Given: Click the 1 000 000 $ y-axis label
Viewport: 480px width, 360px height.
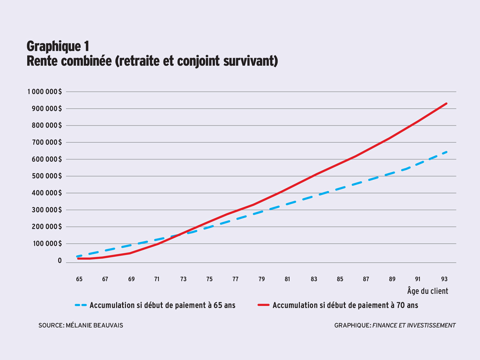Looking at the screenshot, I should pyautogui.click(x=44, y=91).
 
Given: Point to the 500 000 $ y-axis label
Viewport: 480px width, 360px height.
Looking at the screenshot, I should pyautogui.click(x=46, y=176).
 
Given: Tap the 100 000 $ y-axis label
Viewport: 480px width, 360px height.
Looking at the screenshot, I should pyautogui.click(x=46, y=244).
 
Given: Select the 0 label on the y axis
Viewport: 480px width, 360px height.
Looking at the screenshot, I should pyautogui.click(x=60, y=261).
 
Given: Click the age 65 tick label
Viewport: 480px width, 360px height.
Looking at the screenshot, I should pyautogui.click(x=79, y=279).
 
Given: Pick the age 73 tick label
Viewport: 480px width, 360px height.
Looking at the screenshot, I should pyautogui.click(x=183, y=279).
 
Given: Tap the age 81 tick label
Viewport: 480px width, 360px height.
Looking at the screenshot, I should pyautogui.click(x=287, y=279).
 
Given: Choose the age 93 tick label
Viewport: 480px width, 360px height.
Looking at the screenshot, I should pyautogui.click(x=444, y=279).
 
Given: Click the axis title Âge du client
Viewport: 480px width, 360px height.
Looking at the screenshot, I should pyautogui.click(x=427, y=291).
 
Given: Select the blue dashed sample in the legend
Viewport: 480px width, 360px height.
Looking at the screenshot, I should pyautogui.click(x=81, y=305).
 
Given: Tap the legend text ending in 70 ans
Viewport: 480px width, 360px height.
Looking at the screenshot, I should pyautogui.click(x=345, y=305).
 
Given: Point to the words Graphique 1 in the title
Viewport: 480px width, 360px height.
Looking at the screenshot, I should pyautogui.click(x=58, y=46).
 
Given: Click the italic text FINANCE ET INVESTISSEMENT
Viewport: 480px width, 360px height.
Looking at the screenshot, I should pyautogui.click(x=414, y=325).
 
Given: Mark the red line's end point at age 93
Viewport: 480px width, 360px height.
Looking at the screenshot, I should pyautogui.click(x=447, y=103).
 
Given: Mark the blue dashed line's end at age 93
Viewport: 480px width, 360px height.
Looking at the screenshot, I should pyautogui.click(x=447, y=152).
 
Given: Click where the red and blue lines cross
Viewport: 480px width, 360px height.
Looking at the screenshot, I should pyautogui.click(x=178, y=235).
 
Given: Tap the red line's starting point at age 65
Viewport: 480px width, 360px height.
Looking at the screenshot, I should pyautogui.click(x=78, y=258).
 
